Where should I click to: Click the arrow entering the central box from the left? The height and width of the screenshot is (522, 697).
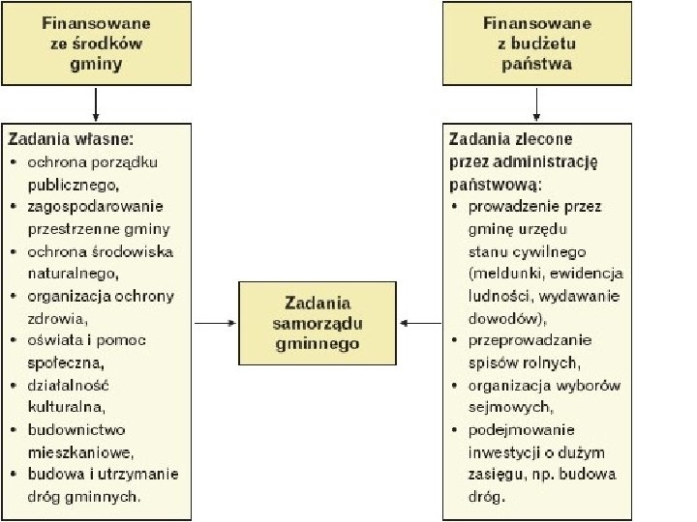tap(215, 323)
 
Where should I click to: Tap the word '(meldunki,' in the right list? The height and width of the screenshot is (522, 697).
tap(501, 274)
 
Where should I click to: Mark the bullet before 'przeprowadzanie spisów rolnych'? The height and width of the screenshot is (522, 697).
tap(455, 340)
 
